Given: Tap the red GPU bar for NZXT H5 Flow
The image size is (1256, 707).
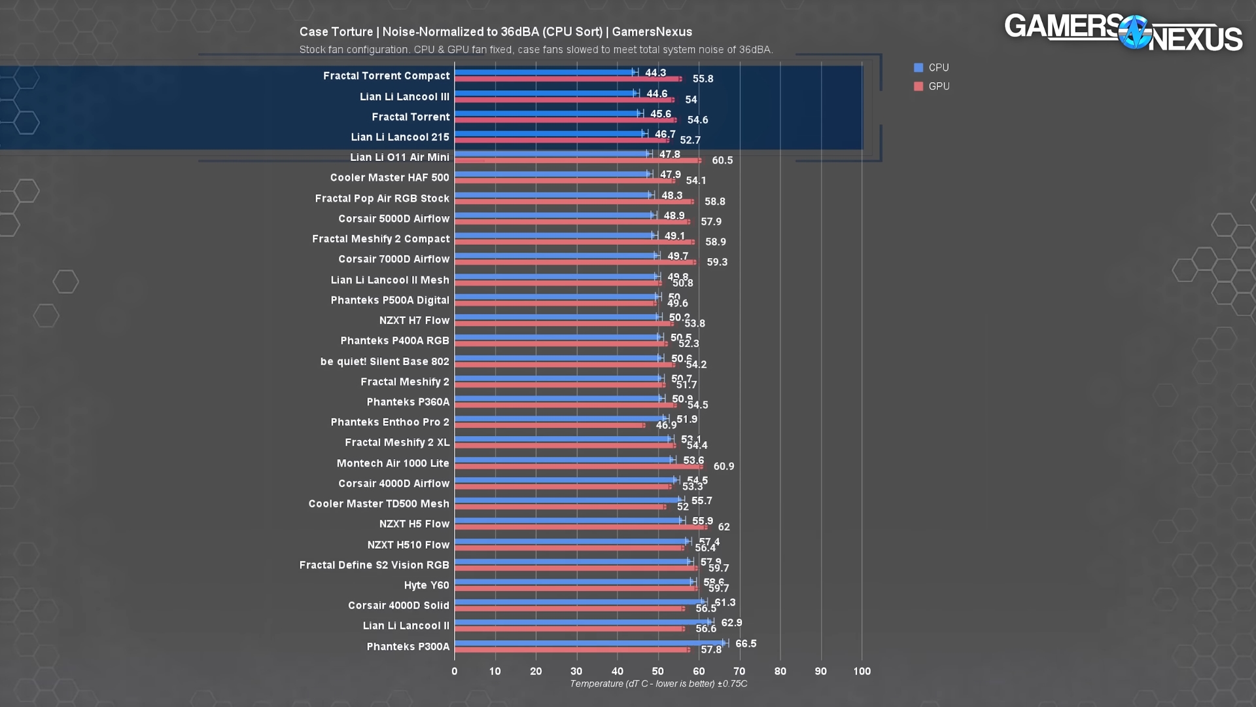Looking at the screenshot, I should point(580,527).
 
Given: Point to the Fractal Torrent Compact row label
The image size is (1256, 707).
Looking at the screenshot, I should point(386,76).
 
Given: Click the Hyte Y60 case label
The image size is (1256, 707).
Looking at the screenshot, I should point(427,585).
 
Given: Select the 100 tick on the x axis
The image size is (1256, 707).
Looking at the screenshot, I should point(862,671).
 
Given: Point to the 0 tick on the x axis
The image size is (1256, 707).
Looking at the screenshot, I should point(455,671).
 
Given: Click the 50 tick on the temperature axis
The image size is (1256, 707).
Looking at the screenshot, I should point(658,671).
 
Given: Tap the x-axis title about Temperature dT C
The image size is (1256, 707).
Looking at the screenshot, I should point(658,683).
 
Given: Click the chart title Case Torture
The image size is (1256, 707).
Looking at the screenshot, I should point(495,31).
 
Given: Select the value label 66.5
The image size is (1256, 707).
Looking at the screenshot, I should point(746,644).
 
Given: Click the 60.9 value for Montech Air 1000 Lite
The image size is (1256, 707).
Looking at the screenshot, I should point(724,466).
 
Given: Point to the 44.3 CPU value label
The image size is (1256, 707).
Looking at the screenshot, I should point(655,73).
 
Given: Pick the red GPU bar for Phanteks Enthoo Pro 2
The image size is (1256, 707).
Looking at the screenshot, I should point(549,426).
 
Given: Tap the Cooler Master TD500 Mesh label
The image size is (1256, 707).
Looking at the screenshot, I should point(379,503).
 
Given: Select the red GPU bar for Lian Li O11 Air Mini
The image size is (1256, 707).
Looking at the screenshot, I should point(578,160).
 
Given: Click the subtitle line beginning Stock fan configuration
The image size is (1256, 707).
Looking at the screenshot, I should point(536,50).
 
